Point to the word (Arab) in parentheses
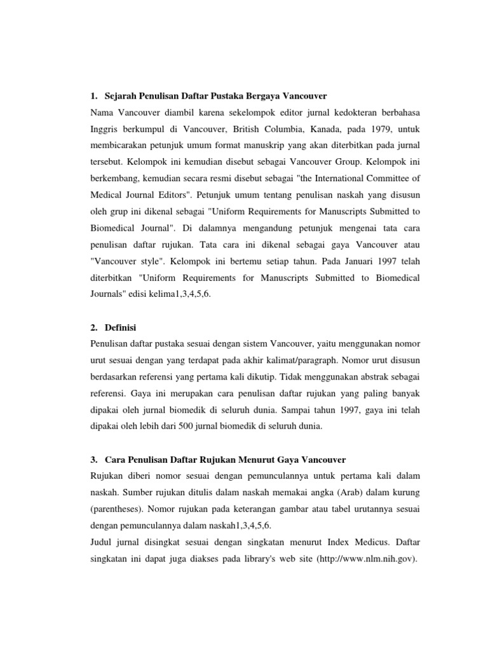pos(335,492)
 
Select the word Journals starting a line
pos(107,294)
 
